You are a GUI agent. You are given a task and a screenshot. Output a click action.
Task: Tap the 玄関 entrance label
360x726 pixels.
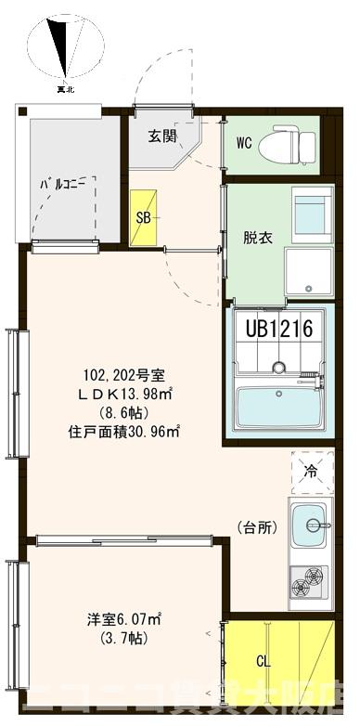point(162,136)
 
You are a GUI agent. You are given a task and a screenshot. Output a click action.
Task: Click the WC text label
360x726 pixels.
point(244,143)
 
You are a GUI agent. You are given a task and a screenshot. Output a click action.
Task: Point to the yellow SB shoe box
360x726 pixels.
point(144,219)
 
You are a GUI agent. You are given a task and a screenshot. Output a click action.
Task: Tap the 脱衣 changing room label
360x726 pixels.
point(257,238)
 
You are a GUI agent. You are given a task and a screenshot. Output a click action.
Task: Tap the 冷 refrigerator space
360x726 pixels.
point(312,472)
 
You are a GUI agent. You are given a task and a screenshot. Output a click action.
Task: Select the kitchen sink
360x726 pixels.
point(310,526)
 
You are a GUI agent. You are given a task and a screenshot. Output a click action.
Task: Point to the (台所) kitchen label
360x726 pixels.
point(255,527)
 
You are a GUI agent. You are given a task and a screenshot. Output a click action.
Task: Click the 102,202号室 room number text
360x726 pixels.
point(123,376)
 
